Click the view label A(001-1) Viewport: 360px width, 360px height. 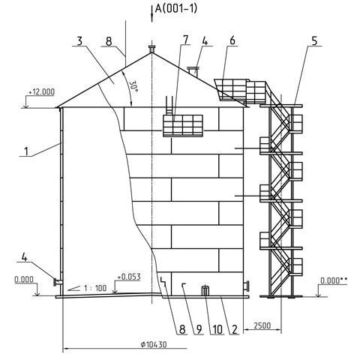click(x=176, y=8)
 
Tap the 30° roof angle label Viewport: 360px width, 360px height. click(x=134, y=85)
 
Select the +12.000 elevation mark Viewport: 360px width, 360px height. click(x=41, y=92)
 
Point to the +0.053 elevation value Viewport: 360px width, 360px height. click(x=129, y=277)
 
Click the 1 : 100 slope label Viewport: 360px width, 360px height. click(x=95, y=288)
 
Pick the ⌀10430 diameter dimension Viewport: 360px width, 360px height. click(x=154, y=345)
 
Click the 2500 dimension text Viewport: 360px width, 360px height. click(x=262, y=325)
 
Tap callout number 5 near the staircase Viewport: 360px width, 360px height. click(x=314, y=41)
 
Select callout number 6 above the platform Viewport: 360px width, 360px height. click(x=232, y=40)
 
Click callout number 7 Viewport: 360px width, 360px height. click(x=185, y=40)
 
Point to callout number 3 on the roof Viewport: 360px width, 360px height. click(x=79, y=41)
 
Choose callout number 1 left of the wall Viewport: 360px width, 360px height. click(x=26, y=151)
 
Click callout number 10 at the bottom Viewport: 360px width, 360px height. click(x=217, y=330)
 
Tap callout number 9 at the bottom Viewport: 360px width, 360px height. click(x=199, y=330)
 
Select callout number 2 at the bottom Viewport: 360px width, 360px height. click(x=234, y=330)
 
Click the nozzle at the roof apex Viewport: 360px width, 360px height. click(x=151, y=49)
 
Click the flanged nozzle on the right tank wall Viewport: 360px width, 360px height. click(x=246, y=286)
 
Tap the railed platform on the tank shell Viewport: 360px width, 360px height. click(x=183, y=125)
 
